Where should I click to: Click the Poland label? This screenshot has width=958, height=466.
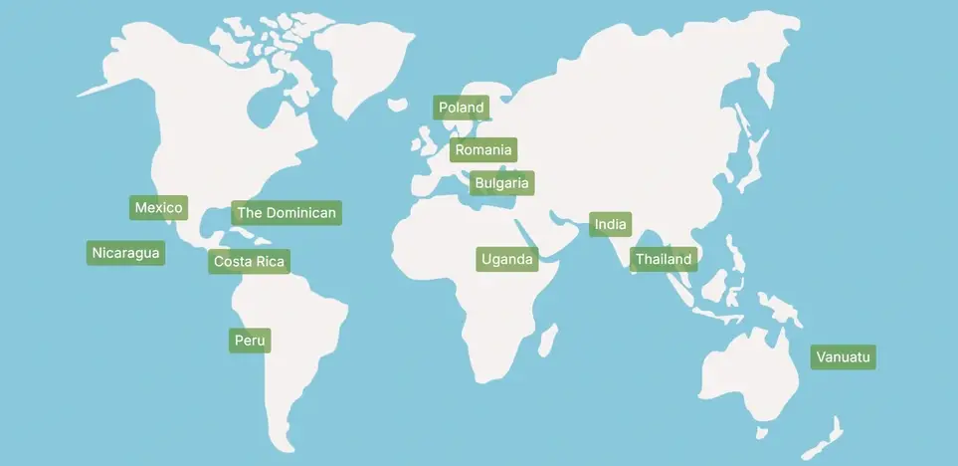click(x=461, y=108)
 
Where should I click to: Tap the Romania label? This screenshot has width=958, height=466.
click(x=482, y=150)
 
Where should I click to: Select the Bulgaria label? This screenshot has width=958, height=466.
click(x=502, y=183)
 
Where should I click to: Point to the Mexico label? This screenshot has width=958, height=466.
click(x=159, y=208)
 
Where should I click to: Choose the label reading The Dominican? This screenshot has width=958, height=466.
click(x=287, y=213)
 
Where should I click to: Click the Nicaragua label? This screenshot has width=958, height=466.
click(x=125, y=253)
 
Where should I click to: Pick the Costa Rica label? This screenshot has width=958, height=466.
click(x=250, y=262)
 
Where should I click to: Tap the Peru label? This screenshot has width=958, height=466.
click(x=250, y=341)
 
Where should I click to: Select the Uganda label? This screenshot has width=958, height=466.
click(x=507, y=260)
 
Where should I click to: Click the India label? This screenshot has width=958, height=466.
click(x=610, y=224)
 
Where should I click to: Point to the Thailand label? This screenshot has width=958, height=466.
click(x=664, y=259)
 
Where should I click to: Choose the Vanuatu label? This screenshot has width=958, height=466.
click(x=843, y=356)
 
